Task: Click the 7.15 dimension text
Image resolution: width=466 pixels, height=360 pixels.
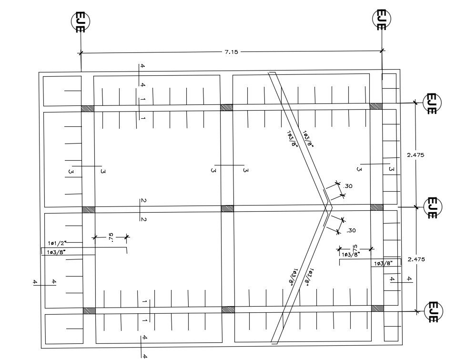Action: point(231,52)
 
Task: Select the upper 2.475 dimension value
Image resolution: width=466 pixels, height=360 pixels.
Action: point(415,155)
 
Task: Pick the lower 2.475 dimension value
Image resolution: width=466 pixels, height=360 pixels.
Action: point(415,259)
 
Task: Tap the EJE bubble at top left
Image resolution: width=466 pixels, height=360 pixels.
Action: point(81,22)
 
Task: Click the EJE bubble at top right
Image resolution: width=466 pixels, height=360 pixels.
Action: point(381,20)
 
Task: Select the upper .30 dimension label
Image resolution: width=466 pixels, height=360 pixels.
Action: point(348,186)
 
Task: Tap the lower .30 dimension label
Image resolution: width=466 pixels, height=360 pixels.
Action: point(351,231)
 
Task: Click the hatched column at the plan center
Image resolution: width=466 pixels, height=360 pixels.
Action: point(227,208)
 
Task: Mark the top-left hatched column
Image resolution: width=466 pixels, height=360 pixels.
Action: point(87,109)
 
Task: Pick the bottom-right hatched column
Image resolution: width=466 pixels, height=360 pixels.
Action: point(377,309)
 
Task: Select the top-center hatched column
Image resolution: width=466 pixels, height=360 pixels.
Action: point(227,107)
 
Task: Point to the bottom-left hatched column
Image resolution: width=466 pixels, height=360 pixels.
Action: point(89,311)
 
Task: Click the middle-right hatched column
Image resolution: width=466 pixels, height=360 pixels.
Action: point(377,207)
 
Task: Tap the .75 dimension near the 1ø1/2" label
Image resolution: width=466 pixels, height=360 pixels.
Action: point(111,237)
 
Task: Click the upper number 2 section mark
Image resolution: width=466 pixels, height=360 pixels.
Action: point(143,201)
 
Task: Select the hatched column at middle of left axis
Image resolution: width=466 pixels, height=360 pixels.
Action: point(88,209)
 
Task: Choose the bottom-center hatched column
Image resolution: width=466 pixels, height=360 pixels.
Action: point(228,309)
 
